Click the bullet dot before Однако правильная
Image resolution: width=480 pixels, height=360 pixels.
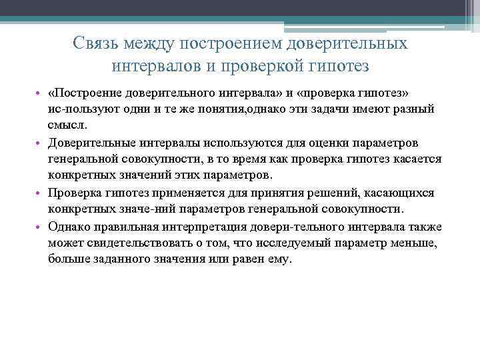pos(41,227)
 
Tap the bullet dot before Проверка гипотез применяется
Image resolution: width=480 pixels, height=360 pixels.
pos(41,193)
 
